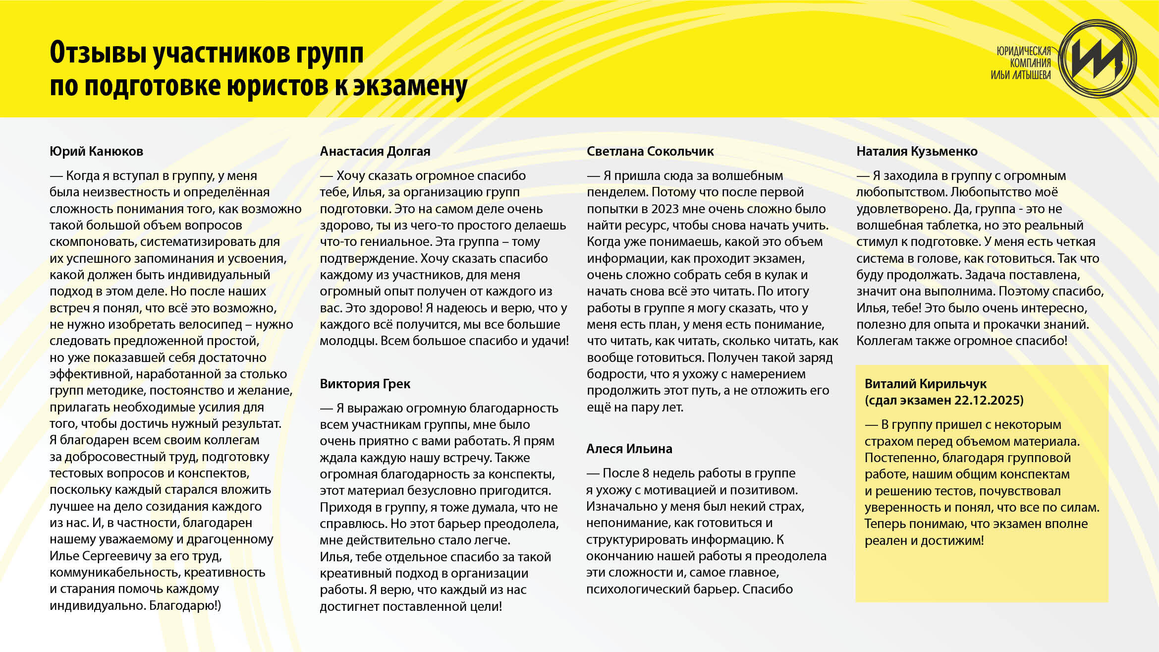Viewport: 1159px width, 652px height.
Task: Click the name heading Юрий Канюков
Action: (x=96, y=151)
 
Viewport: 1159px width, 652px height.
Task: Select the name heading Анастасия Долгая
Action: (x=375, y=151)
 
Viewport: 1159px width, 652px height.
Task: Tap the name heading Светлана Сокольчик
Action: (x=650, y=151)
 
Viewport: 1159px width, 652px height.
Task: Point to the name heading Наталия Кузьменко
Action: (x=917, y=151)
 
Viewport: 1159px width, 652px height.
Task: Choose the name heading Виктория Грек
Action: (x=365, y=384)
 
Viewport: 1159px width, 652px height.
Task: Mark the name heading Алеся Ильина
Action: (x=629, y=449)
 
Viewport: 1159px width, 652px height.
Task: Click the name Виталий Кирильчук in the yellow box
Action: (x=925, y=384)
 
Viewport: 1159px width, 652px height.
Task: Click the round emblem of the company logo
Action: (x=1097, y=59)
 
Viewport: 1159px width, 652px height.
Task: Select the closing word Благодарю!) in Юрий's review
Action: (x=185, y=606)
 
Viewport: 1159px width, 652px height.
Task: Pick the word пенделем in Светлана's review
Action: (x=617, y=192)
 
